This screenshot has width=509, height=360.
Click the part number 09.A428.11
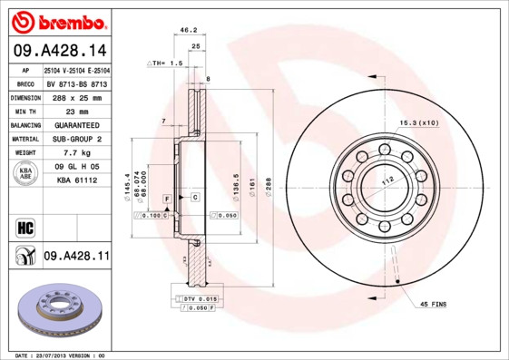(x=76, y=257)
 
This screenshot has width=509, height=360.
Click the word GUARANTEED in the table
(x=76, y=124)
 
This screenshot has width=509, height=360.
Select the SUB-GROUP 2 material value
(x=76, y=139)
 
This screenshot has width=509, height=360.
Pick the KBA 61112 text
(x=76, y=181)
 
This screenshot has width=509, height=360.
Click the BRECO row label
(x=25, y=83)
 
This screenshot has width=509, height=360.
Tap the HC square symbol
(x=25, y=227)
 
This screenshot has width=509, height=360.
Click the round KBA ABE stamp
(x=25, y=174)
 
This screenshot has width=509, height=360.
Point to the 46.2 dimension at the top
(x=189, y=30)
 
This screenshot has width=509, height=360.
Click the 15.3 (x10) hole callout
(x=418, y=122)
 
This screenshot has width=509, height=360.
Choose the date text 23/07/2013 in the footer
(x=64, y=355)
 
